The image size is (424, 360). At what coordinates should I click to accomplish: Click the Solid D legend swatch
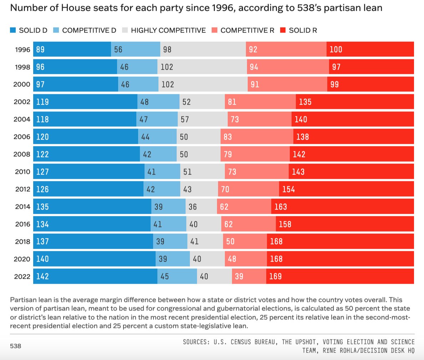(13, 31)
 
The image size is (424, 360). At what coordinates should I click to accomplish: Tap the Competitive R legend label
(247, 31)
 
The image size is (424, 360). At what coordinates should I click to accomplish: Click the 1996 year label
(22, 50)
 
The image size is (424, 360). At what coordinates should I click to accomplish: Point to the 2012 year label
(22, 189)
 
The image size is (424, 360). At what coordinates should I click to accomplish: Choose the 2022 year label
(22, 277)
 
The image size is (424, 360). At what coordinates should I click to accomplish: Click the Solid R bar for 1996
(370, 49)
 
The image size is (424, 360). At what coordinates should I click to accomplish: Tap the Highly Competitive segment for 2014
(201, 207)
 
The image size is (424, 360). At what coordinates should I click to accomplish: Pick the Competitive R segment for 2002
(260, 102)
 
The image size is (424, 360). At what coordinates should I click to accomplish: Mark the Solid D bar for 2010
(89, 172)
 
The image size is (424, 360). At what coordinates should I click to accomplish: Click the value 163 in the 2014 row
(281, 207)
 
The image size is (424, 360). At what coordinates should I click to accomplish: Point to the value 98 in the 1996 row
(167, 50)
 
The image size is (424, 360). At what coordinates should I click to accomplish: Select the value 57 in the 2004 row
(185, 119)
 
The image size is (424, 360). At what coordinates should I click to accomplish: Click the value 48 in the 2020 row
(232, 259)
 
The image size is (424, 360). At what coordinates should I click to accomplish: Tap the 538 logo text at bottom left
(15, 346)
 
